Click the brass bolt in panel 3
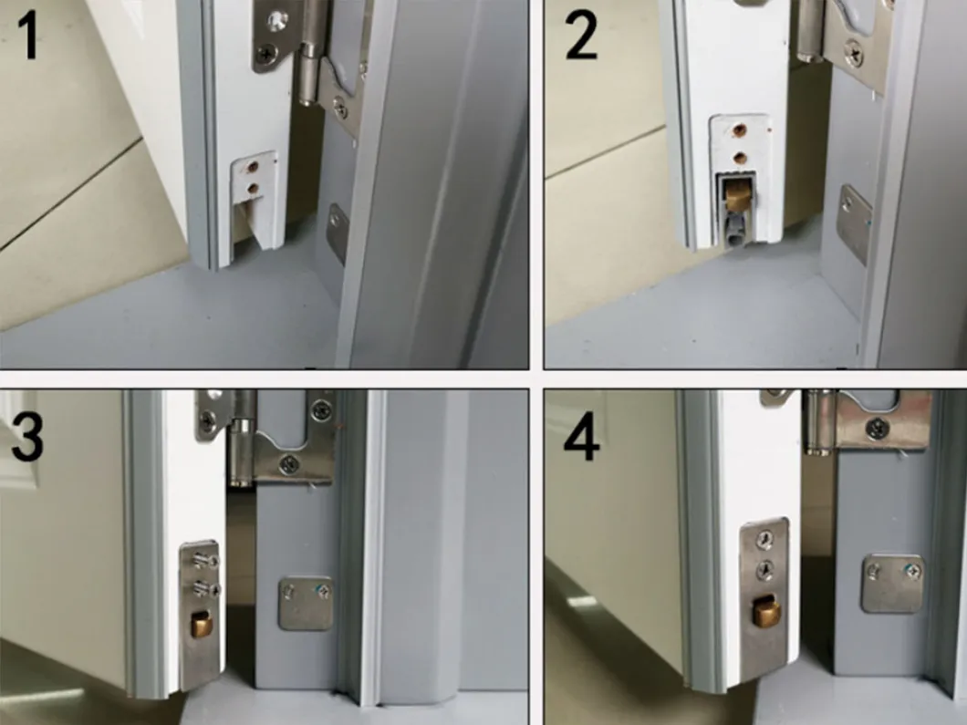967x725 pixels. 198,627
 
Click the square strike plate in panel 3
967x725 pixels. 306,602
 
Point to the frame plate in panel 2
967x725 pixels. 855,224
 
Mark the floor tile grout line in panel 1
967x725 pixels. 64,192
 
